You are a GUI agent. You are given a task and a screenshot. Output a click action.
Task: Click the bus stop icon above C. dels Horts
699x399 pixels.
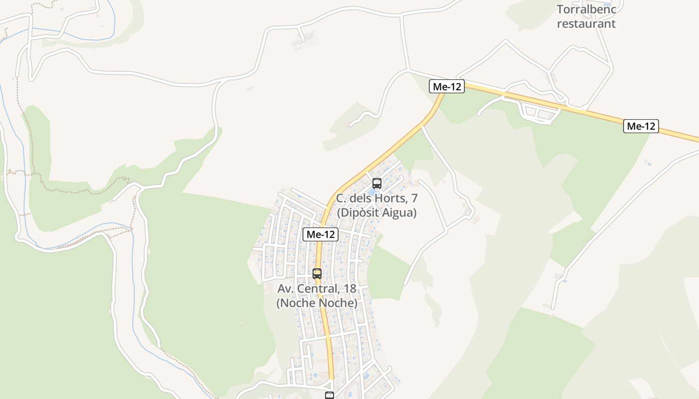[x=377, y=183]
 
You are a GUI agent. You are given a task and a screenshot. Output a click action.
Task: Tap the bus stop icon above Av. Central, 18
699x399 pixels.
[x=317, y=273]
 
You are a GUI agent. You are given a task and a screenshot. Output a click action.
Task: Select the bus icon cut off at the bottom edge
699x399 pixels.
[x=330, y=396]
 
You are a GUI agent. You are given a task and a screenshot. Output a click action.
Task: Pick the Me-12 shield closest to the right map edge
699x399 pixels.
[x=641, y=126]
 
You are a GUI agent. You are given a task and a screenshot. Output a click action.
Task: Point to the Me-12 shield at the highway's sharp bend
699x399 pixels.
[x=447, y=86]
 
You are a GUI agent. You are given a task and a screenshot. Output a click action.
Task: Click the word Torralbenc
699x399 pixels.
[x=587, y=9]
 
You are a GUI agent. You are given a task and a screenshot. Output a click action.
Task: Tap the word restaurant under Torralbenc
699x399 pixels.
[x=586, y=23]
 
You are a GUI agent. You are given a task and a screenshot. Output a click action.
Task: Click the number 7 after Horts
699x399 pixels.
[x=414, y=198]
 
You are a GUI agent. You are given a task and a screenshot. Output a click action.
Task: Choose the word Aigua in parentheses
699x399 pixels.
[x=397, y=212]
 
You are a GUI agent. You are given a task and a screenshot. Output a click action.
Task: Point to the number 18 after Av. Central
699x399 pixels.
[x=350, y=288]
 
